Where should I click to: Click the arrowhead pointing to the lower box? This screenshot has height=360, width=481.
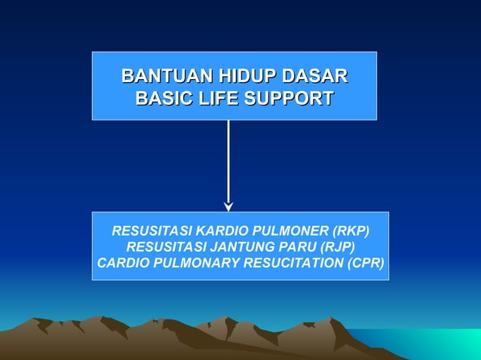coord(228,206)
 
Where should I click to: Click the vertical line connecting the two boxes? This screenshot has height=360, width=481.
coord(228,162)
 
